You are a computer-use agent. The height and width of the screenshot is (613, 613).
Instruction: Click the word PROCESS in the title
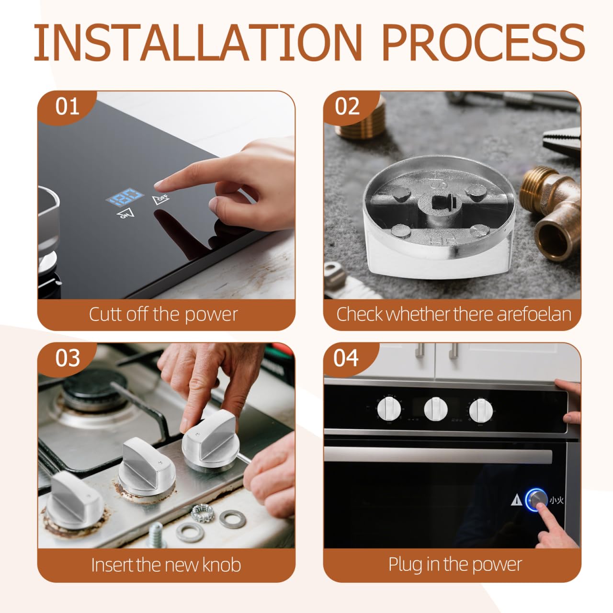[x=484, y=42]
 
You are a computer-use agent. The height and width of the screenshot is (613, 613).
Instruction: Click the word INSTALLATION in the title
[x=198, y=42]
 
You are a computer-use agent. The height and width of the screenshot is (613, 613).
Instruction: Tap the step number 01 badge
[x=67, y=107]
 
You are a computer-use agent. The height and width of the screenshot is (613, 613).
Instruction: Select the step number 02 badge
[x=347, y=107]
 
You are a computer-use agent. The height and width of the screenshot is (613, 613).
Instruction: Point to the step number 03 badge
[x=67, y=358]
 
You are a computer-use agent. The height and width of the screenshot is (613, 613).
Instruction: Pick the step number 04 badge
[x=346, y=358]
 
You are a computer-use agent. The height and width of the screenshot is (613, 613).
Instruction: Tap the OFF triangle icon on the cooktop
[x=160, y=199]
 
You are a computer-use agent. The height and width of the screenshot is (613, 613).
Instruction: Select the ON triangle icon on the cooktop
[x=125, y=214]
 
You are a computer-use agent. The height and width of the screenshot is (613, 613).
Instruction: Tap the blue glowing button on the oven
[x=537, y=500]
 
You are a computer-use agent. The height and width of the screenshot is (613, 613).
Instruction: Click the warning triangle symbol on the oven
[x=517, y=500]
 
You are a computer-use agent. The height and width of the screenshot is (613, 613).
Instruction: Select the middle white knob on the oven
[x=435, y=409]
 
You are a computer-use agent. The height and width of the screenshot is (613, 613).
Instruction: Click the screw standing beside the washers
[x=156, y=535]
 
